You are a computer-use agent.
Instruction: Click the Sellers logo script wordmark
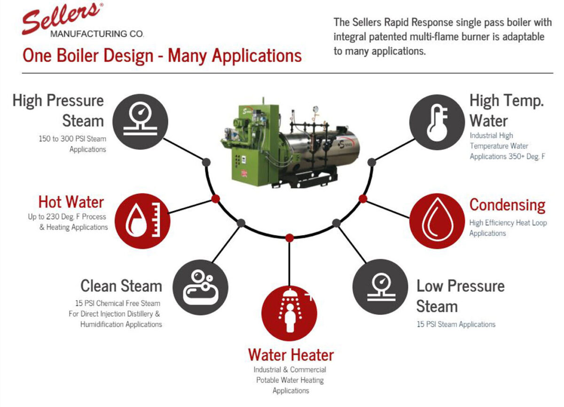click(x=61, y=17)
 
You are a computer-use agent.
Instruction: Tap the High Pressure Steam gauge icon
click(x=140, y=121)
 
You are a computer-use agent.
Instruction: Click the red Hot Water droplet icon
click(x=142, y=221)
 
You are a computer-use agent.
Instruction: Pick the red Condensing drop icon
click(x=437, y=221)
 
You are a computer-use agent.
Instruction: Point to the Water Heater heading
click(x=291, y=354)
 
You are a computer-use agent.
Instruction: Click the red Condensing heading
click(x=507, y=205)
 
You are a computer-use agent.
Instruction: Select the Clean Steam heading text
click(x=121, y=286)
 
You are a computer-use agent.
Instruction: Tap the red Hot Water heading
click(x=71, y=202)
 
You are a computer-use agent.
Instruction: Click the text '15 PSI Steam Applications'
click(x=456, y=324)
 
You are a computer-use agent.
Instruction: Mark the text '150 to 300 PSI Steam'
click(x=72, y=139)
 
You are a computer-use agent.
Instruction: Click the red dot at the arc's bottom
click(x=290, y=237)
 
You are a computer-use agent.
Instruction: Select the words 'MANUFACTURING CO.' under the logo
click(x=97, y=34)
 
